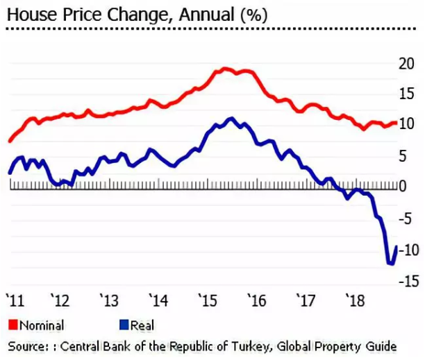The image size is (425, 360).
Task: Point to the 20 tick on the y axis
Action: (408, 64)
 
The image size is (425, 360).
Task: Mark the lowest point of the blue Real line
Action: (390, 264)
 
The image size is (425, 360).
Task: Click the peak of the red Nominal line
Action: (225, 69)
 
